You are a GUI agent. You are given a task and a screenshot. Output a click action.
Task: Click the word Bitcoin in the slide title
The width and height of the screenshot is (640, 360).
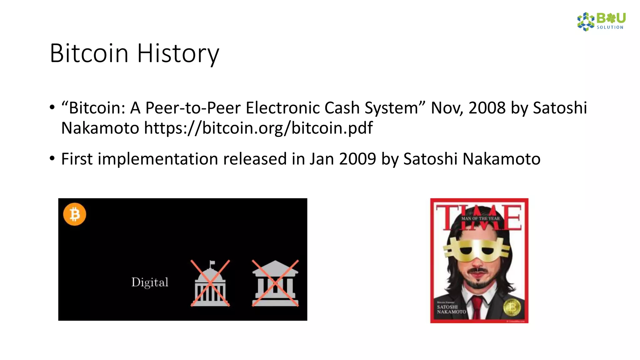pyautogui.click(x=89, y=53)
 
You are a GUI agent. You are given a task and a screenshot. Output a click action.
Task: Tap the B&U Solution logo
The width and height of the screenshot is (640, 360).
pyautogui.click(x=601, y=22)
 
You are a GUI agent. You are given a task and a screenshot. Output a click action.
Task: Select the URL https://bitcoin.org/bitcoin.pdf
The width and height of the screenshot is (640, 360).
pyautogui.click(x=258, y=128)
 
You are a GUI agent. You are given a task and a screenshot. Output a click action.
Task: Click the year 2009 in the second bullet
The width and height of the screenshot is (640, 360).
pyautogui.click(x=357, y=159)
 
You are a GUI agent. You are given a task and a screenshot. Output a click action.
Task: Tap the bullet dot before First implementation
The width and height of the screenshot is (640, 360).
pyautogui.click(x=52, y=158)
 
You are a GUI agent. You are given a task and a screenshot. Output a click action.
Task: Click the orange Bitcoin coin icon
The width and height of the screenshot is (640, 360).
pyautogui.click(x=75, y=214)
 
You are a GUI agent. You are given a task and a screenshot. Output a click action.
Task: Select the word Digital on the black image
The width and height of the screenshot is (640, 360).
pyautogui.click(x=150, y=282)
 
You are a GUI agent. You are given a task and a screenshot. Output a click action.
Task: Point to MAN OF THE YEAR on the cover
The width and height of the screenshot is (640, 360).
pyautogui.click(x=481, y=218)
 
